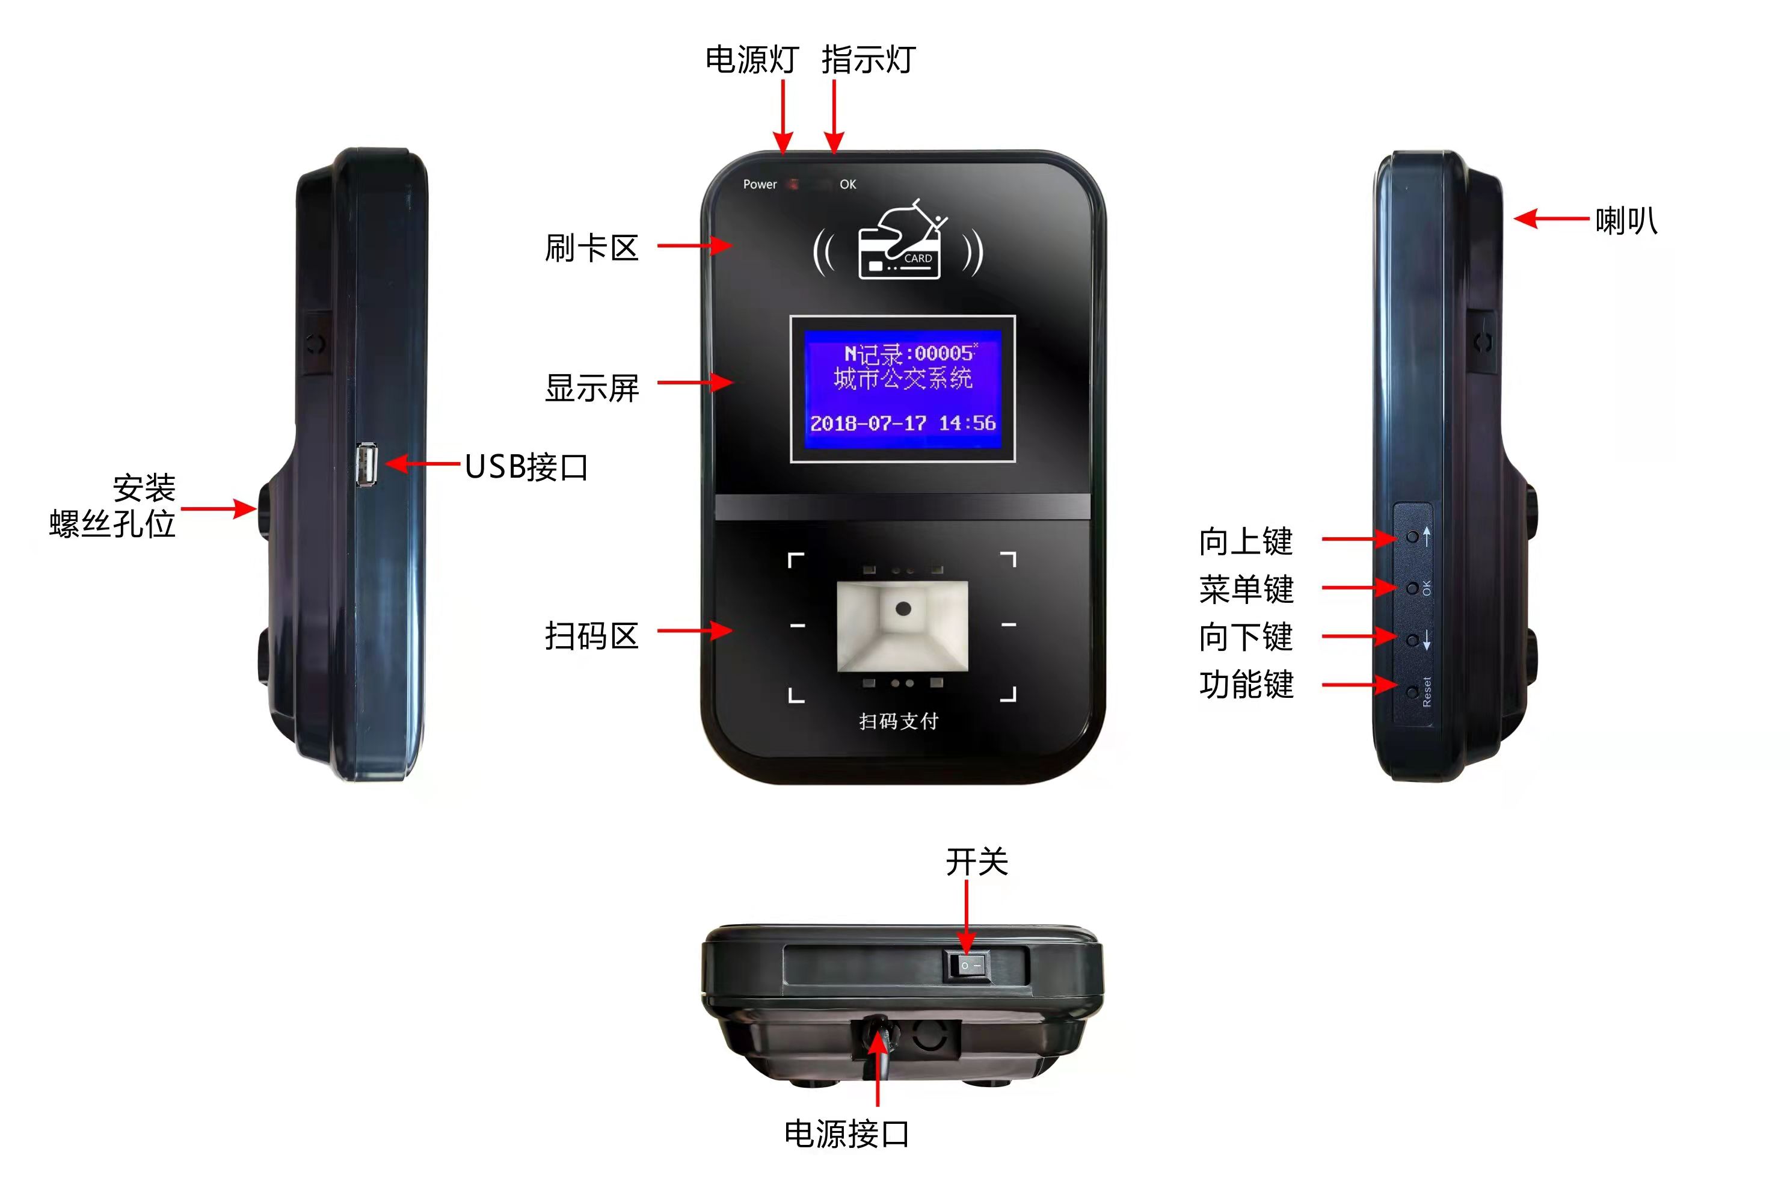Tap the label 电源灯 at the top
(752, 60)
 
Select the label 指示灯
(869, 60)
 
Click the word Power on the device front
(759, 184)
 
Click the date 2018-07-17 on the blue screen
(868, 423)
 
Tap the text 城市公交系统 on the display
(902, 378)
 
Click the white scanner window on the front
(902, 626)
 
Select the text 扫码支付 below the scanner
(899, 721)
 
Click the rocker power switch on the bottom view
(967, 966)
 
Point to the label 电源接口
(846, 1134)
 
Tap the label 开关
(976, 862)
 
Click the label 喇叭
(1626, 220)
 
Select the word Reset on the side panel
(1427, 692)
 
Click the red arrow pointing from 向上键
(1359, 538)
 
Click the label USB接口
(526, 467)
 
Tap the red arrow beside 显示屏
(695, 382)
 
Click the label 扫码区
(591, 636)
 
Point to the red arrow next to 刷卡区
(695, 245)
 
